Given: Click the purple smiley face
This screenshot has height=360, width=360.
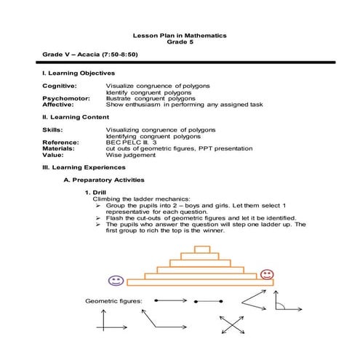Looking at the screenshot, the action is [x=115, y=280].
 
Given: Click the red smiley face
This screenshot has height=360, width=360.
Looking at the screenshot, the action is [x=267, y=274].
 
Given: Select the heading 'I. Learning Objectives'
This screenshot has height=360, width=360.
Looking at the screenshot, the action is [x=79, y=73].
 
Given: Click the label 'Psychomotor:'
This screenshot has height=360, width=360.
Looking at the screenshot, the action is [x=66, y=98].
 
